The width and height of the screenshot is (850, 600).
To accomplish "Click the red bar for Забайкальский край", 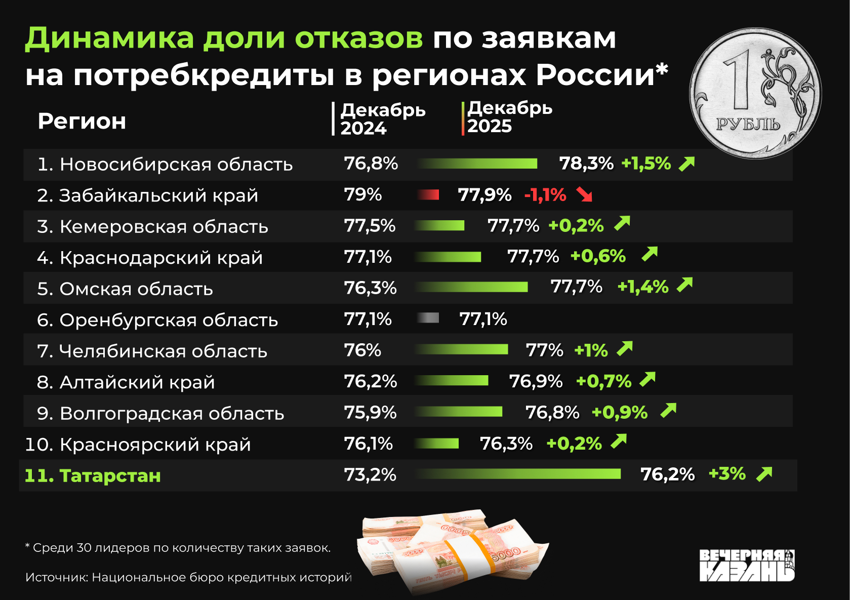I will click(x=428, y=194).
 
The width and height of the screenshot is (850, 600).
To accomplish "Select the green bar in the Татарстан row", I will click(x=517, y=474).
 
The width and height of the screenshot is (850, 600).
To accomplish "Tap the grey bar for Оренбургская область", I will click(x=428, y=318).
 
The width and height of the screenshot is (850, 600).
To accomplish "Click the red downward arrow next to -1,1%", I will click(x=585, y=194).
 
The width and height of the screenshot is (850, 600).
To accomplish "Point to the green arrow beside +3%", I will click(x=764, y=474).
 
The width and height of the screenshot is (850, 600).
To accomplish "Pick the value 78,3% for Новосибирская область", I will click(x=586, y=164).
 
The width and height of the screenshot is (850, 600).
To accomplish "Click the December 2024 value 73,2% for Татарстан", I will click(x=370, y=474).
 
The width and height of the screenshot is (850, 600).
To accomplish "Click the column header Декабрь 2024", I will click(x=382, y=119).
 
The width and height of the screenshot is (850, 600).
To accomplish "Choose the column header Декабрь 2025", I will click(x=509, y=117).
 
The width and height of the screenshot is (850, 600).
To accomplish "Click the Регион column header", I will click(x=82, y=122).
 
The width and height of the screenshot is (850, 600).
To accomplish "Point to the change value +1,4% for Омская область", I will click(x=643, y=287).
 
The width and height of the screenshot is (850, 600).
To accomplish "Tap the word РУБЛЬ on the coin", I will click(x=748, y=125).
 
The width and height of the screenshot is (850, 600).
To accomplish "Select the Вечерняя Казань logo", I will click(x=747, y=565).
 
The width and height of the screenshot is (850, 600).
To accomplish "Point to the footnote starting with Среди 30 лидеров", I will click(x=178, y=548).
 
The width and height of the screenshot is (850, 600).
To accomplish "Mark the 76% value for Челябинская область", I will click(x=362, y=350).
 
